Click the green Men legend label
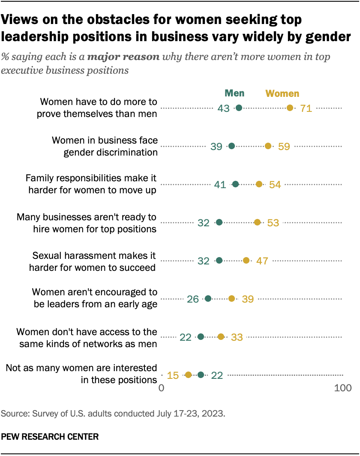tap(234, 93)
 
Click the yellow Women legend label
tap(282, 93)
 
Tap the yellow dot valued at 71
tap(290, 108)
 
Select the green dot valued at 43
tap(239, 108)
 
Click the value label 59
tap(284, 146)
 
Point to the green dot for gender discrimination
tap(232, 146)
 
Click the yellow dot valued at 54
tap(259, 184)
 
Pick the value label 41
tap(220, 184)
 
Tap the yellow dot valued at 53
tap(257, 222)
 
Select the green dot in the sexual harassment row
tap(219, 260)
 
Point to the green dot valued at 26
tap(208, 298)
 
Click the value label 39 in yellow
tap(247, 299)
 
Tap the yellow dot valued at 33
tap(221, 337)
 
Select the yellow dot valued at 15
tap(188, 375)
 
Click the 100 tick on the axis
tap(342, 388)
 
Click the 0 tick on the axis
tap(162, 388)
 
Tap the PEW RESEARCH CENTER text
tap(50, 437)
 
